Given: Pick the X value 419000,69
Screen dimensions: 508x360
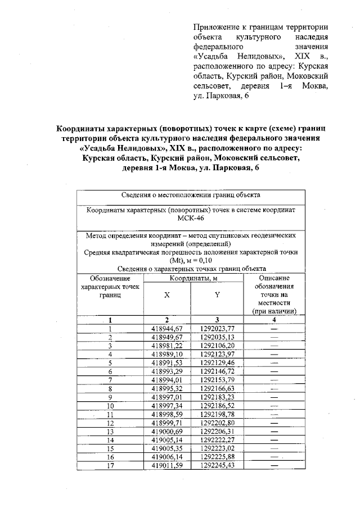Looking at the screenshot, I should click(168, 431).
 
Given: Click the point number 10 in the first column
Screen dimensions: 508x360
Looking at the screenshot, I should click(110, 405).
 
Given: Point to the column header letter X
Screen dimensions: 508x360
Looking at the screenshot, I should click(167, 294).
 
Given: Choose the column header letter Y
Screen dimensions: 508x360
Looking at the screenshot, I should click(217, 294).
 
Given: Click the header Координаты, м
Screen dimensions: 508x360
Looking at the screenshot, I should click(193, 278).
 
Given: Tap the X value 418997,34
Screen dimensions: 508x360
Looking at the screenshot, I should click(168, 405).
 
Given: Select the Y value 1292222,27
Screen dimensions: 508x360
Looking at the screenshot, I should click(217, 439).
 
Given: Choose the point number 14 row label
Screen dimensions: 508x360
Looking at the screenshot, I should click(110, 439).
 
